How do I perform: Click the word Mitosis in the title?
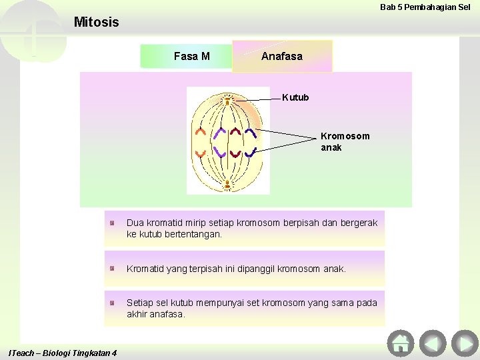coord(96,22)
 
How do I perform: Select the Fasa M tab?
coord(191,57)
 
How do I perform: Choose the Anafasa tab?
coord(282,57)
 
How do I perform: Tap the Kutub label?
coord(295,98)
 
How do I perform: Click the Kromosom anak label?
coord(345,141)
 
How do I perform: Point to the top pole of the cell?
coord(228,101)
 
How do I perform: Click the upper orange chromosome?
coord(201,131)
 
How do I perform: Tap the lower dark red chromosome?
coord(235,153)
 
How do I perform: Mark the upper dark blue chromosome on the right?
coord(250,132)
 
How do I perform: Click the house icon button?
coord(400,343)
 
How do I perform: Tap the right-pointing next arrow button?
coord(464,343)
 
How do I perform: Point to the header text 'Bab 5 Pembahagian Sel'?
coord(425,7)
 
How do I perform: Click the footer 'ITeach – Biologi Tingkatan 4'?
coord(62,352)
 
